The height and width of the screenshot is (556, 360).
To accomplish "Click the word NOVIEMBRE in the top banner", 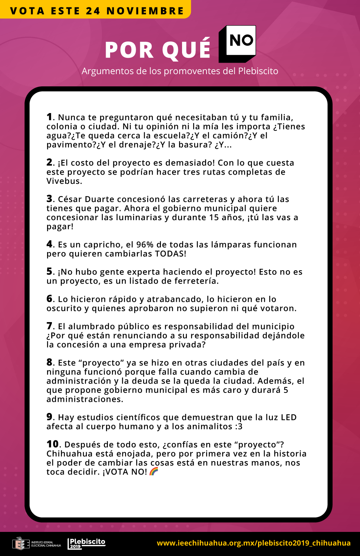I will click(x=145, y=11).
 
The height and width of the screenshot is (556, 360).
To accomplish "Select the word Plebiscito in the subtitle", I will click(x=258, y=71).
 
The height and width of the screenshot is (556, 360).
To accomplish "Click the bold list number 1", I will click(x=49, y=117).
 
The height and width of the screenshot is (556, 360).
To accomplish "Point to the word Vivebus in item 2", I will click(x=63, y=181).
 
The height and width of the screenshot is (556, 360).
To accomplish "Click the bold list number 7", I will click(x=49, y=326).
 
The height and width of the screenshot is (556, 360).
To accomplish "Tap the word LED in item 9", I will click(x=288, y=417).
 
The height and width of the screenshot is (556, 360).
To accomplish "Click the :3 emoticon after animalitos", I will click(x=239, y=427).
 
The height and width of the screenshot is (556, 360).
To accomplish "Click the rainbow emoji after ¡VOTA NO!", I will click(x=154, y=471).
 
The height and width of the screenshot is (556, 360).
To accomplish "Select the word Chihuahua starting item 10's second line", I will click(x=69, y=454).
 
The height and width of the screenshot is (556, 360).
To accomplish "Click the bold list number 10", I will click(x=53, y=444).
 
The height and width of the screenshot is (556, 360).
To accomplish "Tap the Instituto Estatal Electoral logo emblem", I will click(x=21, y=544).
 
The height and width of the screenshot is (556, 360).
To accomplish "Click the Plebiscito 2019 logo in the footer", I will click(x=87, y=543).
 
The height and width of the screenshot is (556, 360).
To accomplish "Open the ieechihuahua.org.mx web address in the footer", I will click(x=254, y=543).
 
